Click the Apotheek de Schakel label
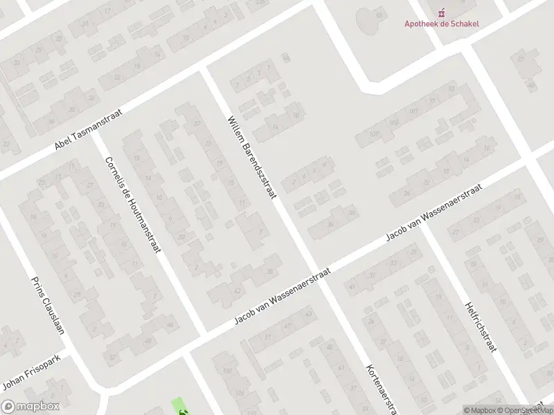tap(442, 23)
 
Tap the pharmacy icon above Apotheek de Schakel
tap(442, 11)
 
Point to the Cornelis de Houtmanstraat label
tap(132, 204)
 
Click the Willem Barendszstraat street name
tap(251, 158)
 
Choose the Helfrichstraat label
tap(481, 326)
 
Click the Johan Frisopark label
tap(33, 372)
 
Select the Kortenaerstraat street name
tap(381, 389)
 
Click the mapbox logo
tap(30, 407)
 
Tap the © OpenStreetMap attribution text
tap(530, 410)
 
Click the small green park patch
tap(179, 406)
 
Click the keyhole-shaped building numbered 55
tap(378, 16)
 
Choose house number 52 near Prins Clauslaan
tap(113, 357)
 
